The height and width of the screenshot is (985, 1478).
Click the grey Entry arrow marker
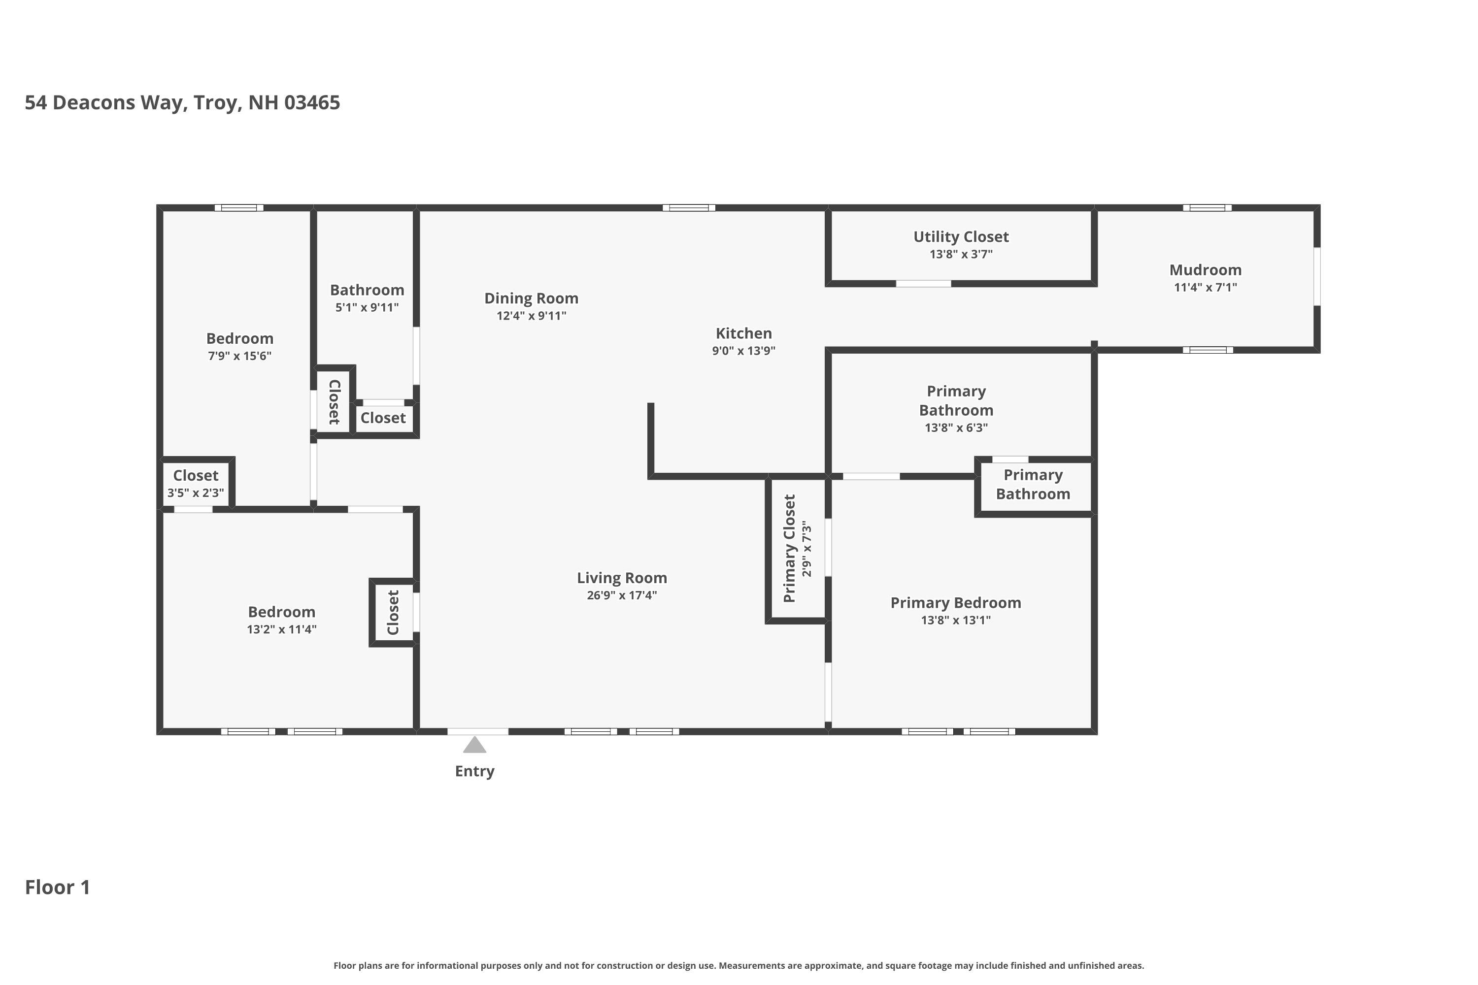[474, 745]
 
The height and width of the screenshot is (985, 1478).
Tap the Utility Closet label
[960, 237]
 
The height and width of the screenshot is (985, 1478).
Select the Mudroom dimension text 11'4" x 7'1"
[1205, 287]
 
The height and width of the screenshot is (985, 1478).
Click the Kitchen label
[743, 333]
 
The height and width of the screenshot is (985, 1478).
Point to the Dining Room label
[531, 298]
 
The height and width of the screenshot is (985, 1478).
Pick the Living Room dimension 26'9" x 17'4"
[621, 595]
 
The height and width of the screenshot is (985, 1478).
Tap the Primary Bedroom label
[955, 603]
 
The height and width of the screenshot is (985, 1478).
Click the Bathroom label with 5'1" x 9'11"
[367, 290]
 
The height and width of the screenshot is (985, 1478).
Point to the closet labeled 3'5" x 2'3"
[196, 483]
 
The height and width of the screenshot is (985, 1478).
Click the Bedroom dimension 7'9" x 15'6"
[239, 356]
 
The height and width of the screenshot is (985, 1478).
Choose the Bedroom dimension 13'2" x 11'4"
[281, 629]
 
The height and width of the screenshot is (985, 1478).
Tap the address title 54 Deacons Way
[182, 102]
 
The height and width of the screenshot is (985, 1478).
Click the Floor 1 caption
[57, 887]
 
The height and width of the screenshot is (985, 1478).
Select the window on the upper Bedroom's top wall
[239, 208]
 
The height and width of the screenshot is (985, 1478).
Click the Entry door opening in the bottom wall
[477, 731]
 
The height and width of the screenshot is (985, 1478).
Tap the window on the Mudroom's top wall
[1207, 208]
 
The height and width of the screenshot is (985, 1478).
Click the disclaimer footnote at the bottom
[739, 965]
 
